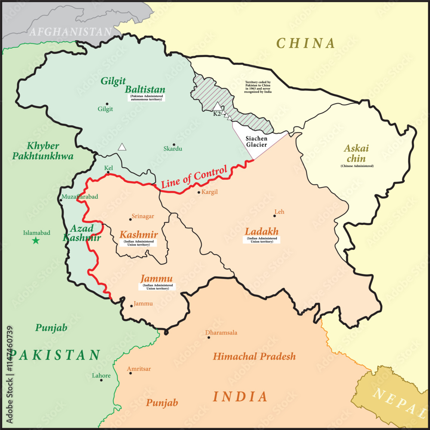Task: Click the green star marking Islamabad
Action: tap(36, 241)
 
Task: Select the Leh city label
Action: tap(279, 212)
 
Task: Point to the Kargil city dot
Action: tap(199, 192)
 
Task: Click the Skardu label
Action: tap(173, 149)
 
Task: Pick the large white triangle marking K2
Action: tap(218, 106)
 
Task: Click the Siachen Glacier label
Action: tap(257, 141)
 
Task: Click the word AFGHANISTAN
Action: tap(70, 31)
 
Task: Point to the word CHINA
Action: tap(305, 43)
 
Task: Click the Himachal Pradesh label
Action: tap(254, 356)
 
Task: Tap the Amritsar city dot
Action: tap(130, 373)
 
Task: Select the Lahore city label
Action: tap(101, 375)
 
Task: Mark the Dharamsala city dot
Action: tap(209, 338)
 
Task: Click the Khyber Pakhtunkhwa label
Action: tap(43, 151)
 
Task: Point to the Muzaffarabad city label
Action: tap(80, 197)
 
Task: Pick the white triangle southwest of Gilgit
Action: tap(123, 147)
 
